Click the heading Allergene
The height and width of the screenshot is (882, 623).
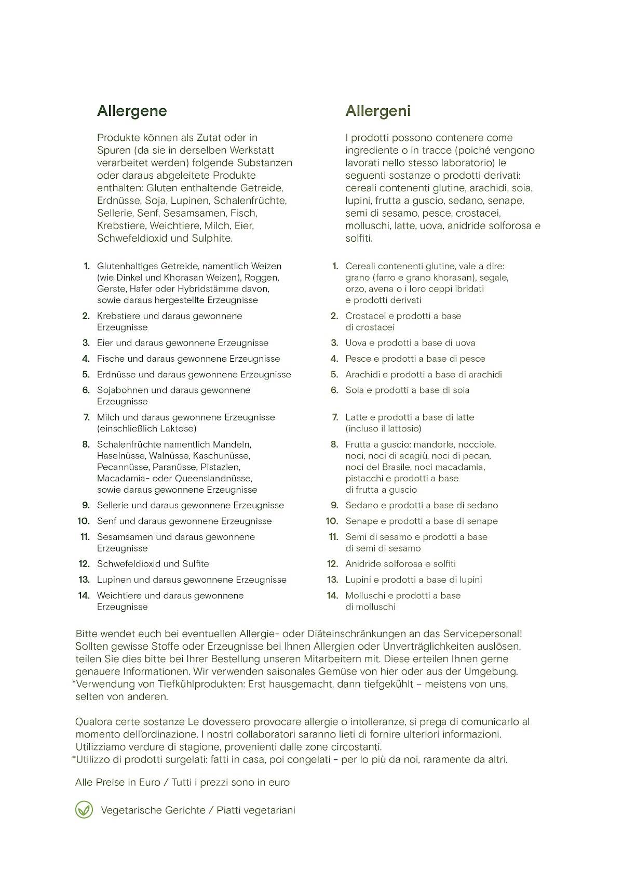[x=132, y=111]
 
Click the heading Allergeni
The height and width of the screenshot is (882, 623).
[x=378, y=111]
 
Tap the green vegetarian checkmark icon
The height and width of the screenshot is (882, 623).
[x=84, y=810]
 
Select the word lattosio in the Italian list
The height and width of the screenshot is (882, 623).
[x=403, y=428]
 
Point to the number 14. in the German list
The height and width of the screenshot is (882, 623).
[x=84, y=595]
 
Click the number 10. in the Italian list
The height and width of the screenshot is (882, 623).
[x=332, y=521]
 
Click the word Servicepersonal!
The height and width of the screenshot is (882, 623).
[x=482, y=634]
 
